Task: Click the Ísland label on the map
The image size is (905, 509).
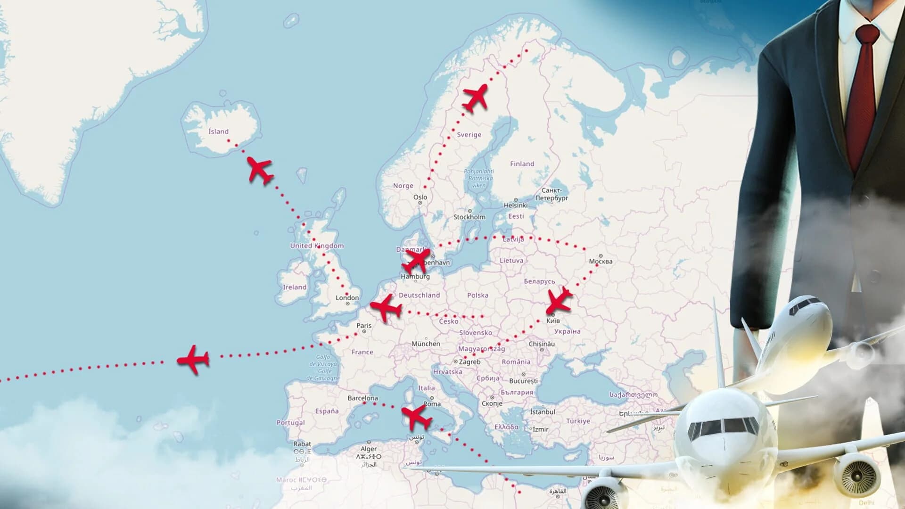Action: pos(218,131)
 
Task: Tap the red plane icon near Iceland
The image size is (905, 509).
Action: pos(260,170)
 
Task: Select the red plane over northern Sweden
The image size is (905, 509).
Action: pos(476,98)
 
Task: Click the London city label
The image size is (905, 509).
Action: pos(347,298)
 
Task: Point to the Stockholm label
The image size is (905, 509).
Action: pos(469,217)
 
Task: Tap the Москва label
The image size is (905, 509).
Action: pos(601,261)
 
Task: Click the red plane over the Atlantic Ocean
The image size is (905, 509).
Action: pos(194,360)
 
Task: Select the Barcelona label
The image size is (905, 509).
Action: pos(362,398)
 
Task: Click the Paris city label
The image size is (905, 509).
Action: pos(364,326)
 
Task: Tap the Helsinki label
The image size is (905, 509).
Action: pos(515,205)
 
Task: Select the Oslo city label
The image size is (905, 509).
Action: pos(420,197)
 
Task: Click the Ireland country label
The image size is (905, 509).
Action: pos(294,287)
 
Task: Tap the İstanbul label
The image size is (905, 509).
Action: pos(543,412)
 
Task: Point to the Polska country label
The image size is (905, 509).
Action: pos(477,296)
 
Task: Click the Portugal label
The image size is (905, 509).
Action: pos(290,423)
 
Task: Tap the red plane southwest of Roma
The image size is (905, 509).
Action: pos(416,417)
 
